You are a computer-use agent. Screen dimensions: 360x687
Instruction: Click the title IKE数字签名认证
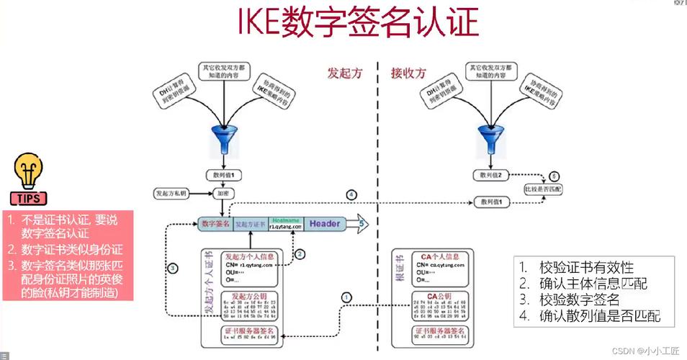coord(358,22)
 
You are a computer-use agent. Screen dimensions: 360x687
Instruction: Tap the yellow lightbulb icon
coord(27,171)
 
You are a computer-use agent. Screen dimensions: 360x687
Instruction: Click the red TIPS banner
coord(27,199)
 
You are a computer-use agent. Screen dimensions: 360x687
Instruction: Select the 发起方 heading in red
coord(344,73)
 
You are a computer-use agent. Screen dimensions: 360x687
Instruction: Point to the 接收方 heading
coord(408,73)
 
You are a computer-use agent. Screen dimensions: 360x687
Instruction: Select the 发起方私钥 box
coord(171,194)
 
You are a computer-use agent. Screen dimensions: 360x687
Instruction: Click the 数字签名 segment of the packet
coord(215,224)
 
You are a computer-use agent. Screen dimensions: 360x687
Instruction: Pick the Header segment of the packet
coord(325,224)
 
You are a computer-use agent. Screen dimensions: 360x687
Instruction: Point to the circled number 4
coord(351,194)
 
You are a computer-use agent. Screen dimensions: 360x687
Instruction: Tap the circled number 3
coord(173,268)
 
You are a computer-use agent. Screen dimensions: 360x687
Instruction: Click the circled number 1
coord(347,296)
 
